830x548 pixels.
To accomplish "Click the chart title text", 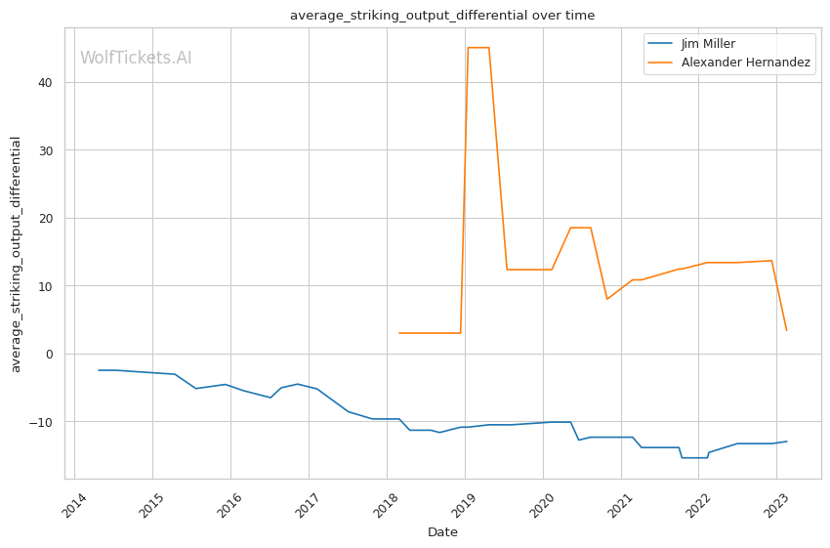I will point(442,16).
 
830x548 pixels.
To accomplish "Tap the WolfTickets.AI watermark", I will point(136,58).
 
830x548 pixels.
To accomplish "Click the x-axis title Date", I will point(442,532).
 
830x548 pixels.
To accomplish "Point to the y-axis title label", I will point(16,254).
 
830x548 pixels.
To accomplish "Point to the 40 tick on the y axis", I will point(45,82).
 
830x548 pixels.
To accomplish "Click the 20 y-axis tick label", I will point(45,218).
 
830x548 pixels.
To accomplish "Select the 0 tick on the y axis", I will point(49,354).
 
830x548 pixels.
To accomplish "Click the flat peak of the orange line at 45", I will point(478,48).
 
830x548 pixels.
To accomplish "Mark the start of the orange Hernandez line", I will point(398,333).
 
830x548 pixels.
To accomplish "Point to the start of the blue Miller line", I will point(99,370).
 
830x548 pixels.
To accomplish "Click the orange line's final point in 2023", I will point(786,330).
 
